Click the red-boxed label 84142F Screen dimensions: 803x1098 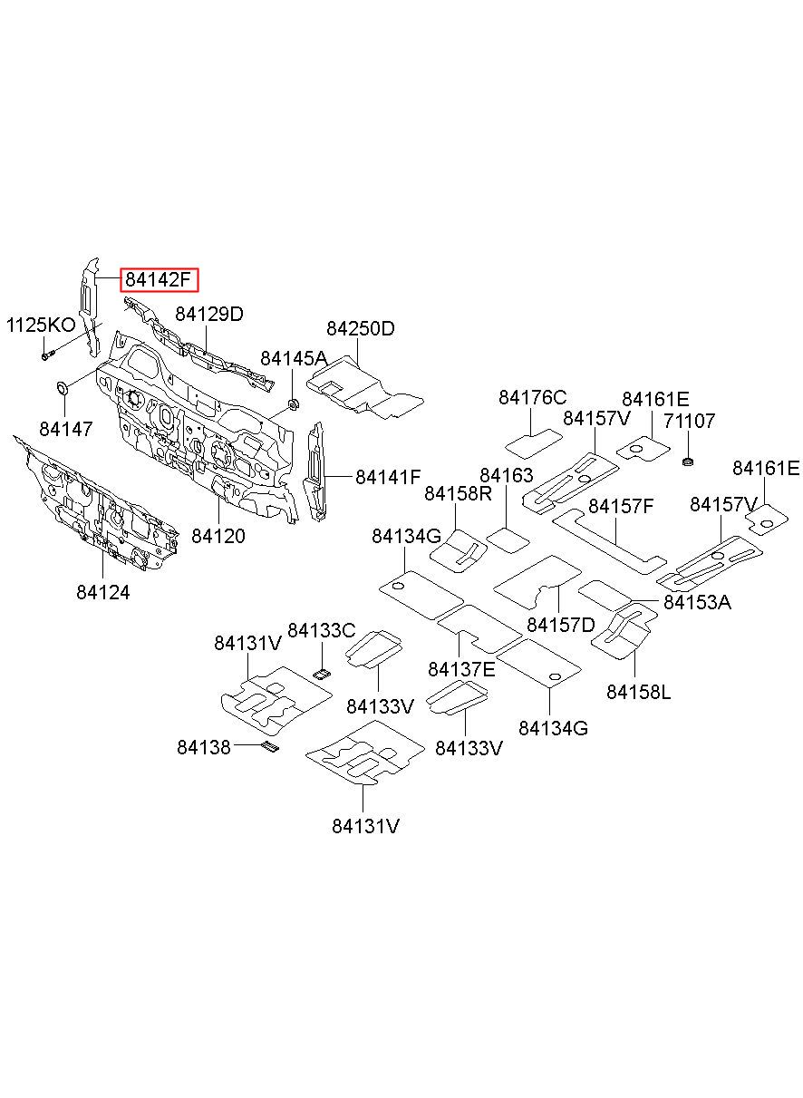coord(160,280)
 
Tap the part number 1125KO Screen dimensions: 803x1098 coord(41,325)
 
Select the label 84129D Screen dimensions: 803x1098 coord(209,314)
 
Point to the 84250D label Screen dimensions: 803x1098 coord(360,328)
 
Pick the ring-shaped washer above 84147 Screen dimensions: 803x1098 coord(63,388)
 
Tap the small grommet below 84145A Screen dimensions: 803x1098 coord(294,404)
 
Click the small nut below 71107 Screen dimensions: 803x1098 coord(688,461)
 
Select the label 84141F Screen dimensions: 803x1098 coord(388,477)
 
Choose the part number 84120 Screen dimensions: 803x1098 coord(218,536)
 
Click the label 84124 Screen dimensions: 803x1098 coord(103,593)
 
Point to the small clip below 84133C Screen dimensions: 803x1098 coord(323,675)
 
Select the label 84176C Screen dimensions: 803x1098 coord(532,397)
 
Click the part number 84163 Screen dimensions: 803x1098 coord(506,475)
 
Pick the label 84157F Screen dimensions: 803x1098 coord(621,506)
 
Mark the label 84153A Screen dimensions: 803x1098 coord(697,602)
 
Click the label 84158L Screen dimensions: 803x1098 coord(638,692)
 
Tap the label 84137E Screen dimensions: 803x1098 coord(461,669)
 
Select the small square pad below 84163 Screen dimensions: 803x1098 coord(508,540)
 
